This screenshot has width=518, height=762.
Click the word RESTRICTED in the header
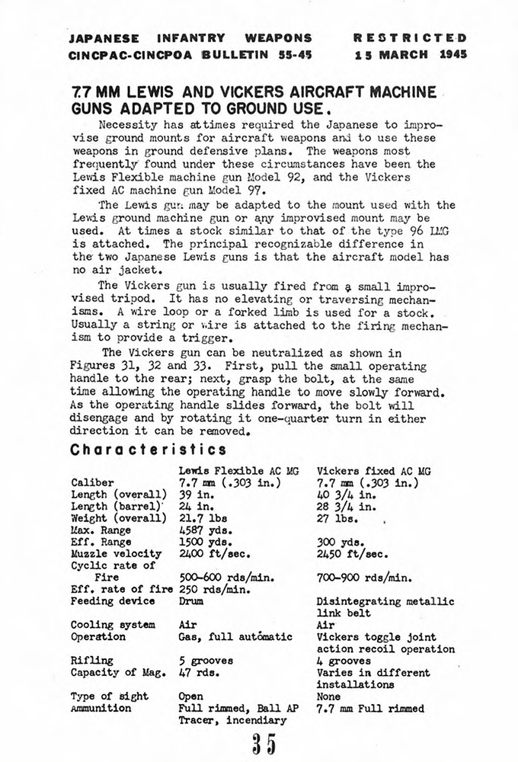(411, 37)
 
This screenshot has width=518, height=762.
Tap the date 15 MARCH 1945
(411, 54)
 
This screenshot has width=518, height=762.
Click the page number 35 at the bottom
(261, 742)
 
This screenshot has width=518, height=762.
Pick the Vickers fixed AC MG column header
(373, 471)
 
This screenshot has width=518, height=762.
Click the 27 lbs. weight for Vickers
(337, 518)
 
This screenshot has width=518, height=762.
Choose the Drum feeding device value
(191, 601)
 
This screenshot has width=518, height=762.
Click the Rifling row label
(91, 661)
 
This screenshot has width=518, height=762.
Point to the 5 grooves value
(206, 661)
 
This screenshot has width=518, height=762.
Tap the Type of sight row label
(110, 696)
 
